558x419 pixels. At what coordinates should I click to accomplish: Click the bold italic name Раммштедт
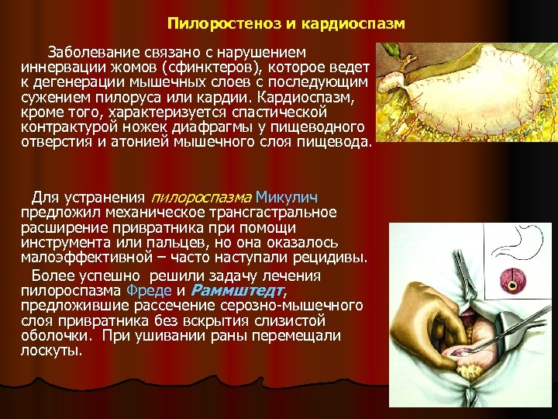[237, 291]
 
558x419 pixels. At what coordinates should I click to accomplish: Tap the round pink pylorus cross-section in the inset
[515, 281]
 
